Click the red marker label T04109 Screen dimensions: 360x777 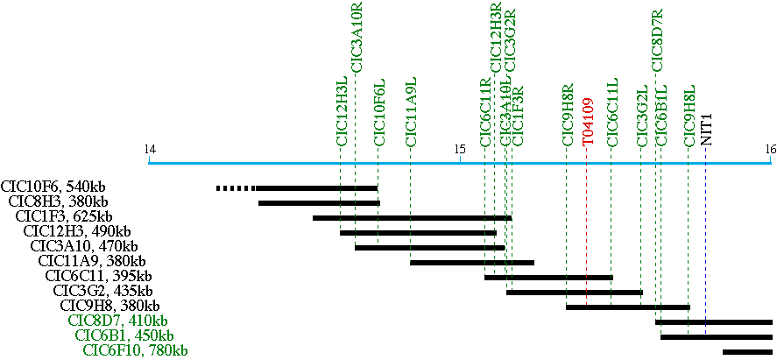(x=588, y=121)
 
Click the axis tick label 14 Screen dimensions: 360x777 (x=151, y=149)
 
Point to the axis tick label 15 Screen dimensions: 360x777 (x=460, y=149)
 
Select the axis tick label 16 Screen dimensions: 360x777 (x=770, y=149)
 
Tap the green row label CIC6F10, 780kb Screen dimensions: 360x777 (x=135, y=350)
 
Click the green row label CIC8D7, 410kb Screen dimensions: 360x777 (x=117, y=321)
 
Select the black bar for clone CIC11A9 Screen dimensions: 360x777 (x=471, y=262)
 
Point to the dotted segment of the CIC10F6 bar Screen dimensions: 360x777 (x=235, y=187)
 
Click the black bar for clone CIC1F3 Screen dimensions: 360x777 (x=412, y=217)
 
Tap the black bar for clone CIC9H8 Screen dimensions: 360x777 (x=627, y=307)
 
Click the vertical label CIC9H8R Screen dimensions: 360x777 (x=568, y=114)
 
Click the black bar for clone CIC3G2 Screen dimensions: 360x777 (x=574, y=292)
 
